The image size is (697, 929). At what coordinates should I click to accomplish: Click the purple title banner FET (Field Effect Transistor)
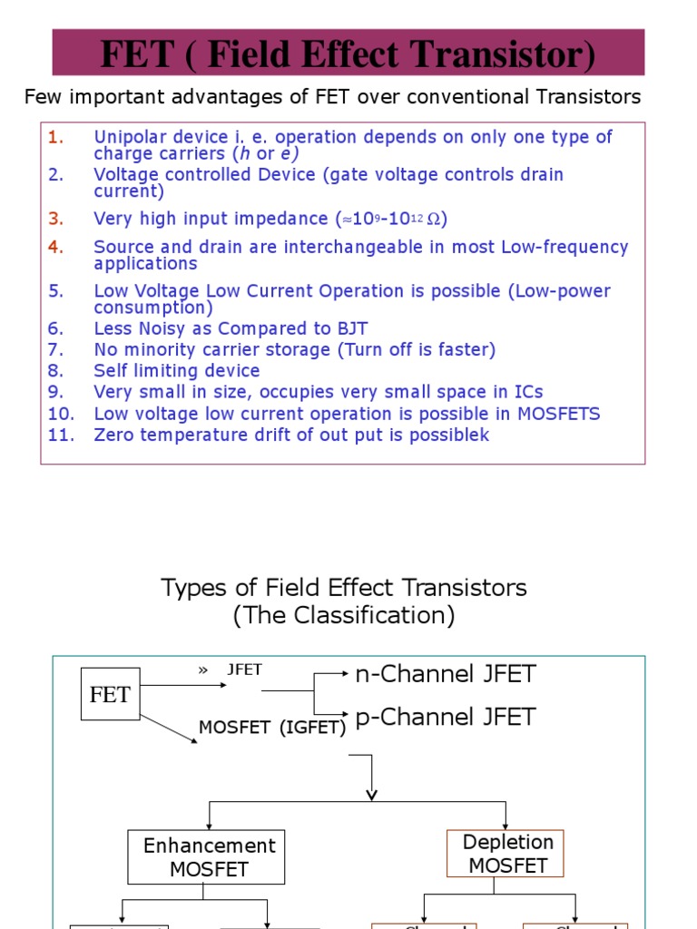[348, 54]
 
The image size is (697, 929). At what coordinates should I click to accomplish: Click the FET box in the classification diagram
[110, 695]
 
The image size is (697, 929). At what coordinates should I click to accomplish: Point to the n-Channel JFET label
[446, 674]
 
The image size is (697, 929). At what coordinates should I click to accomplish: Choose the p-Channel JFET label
[446, 717]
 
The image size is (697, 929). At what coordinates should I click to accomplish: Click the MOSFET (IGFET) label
[272, 728]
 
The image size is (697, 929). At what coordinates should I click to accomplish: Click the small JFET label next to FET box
[244, 670]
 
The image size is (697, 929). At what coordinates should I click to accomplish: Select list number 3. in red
[57, 219]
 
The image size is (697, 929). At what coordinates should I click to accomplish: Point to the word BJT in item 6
[349, 328]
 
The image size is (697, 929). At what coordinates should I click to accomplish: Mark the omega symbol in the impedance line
[437, 220]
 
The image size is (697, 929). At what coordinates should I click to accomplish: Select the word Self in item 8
[111, 371]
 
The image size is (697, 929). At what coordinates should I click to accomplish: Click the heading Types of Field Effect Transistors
[344, 588]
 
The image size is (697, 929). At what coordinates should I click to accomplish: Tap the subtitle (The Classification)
[344, 615]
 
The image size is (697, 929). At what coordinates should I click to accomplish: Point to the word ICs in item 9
[525, 392]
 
